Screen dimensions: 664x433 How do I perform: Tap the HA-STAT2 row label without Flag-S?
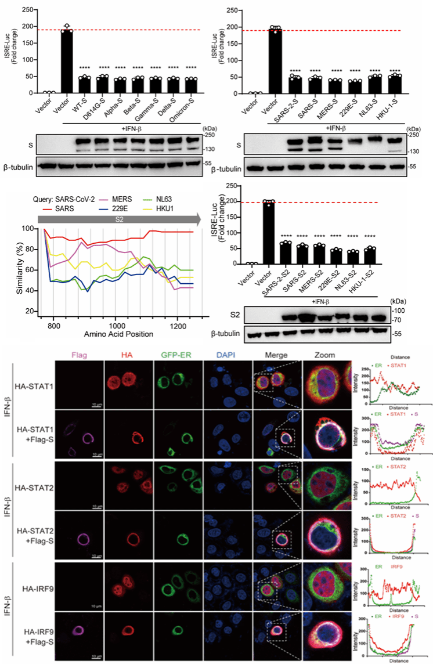tap(34, 485)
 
